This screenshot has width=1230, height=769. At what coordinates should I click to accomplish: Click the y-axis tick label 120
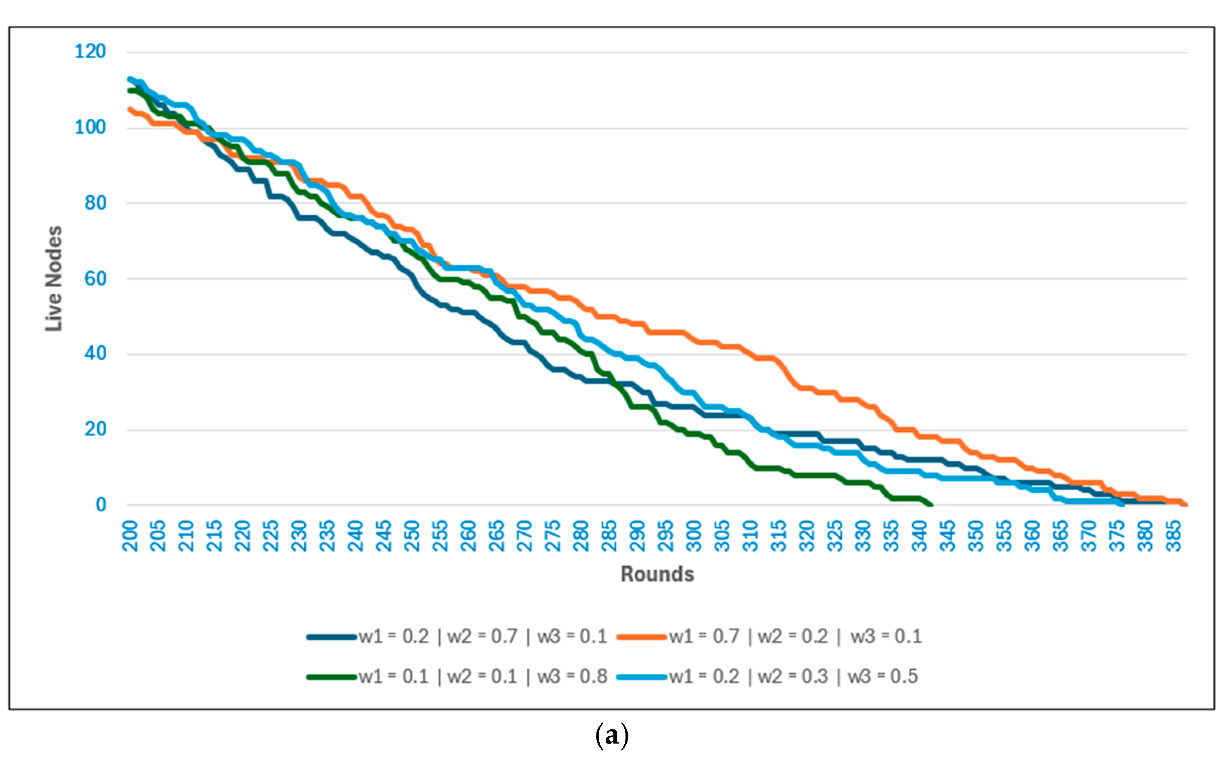click(x=90, y=51)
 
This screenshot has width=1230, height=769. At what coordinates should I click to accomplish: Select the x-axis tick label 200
click(x=130, y=536)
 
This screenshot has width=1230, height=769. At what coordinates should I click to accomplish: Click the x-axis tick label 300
click(x=694, y=536)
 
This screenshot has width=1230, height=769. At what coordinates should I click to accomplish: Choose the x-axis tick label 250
click(x=412, y=536)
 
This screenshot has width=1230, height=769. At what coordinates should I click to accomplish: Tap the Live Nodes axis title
click(x=53, y=278)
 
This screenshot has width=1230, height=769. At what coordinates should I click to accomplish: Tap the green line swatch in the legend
click(x=331, y=677)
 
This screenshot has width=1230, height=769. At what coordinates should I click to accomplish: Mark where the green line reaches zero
click(x=931, y=504)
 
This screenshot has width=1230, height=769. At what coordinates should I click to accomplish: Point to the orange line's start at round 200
click(x=130, y=109)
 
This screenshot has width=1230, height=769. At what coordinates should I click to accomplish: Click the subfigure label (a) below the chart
click(x=612, y=736)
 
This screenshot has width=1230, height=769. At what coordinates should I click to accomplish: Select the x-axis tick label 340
click(x=920, y=536)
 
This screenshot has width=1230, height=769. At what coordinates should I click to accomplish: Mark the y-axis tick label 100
click(x=90, y=127)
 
